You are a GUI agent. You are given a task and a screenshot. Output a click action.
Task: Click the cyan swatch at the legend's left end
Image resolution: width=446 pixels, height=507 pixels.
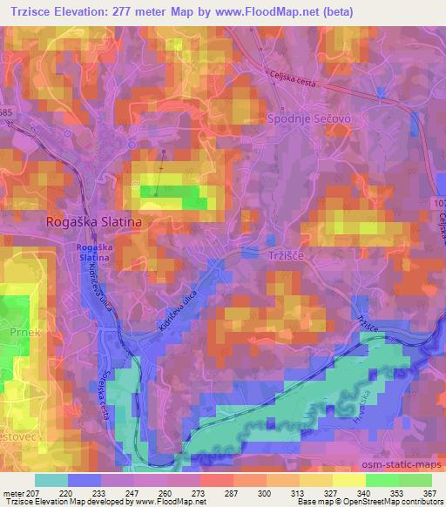[x=51, y=480]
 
